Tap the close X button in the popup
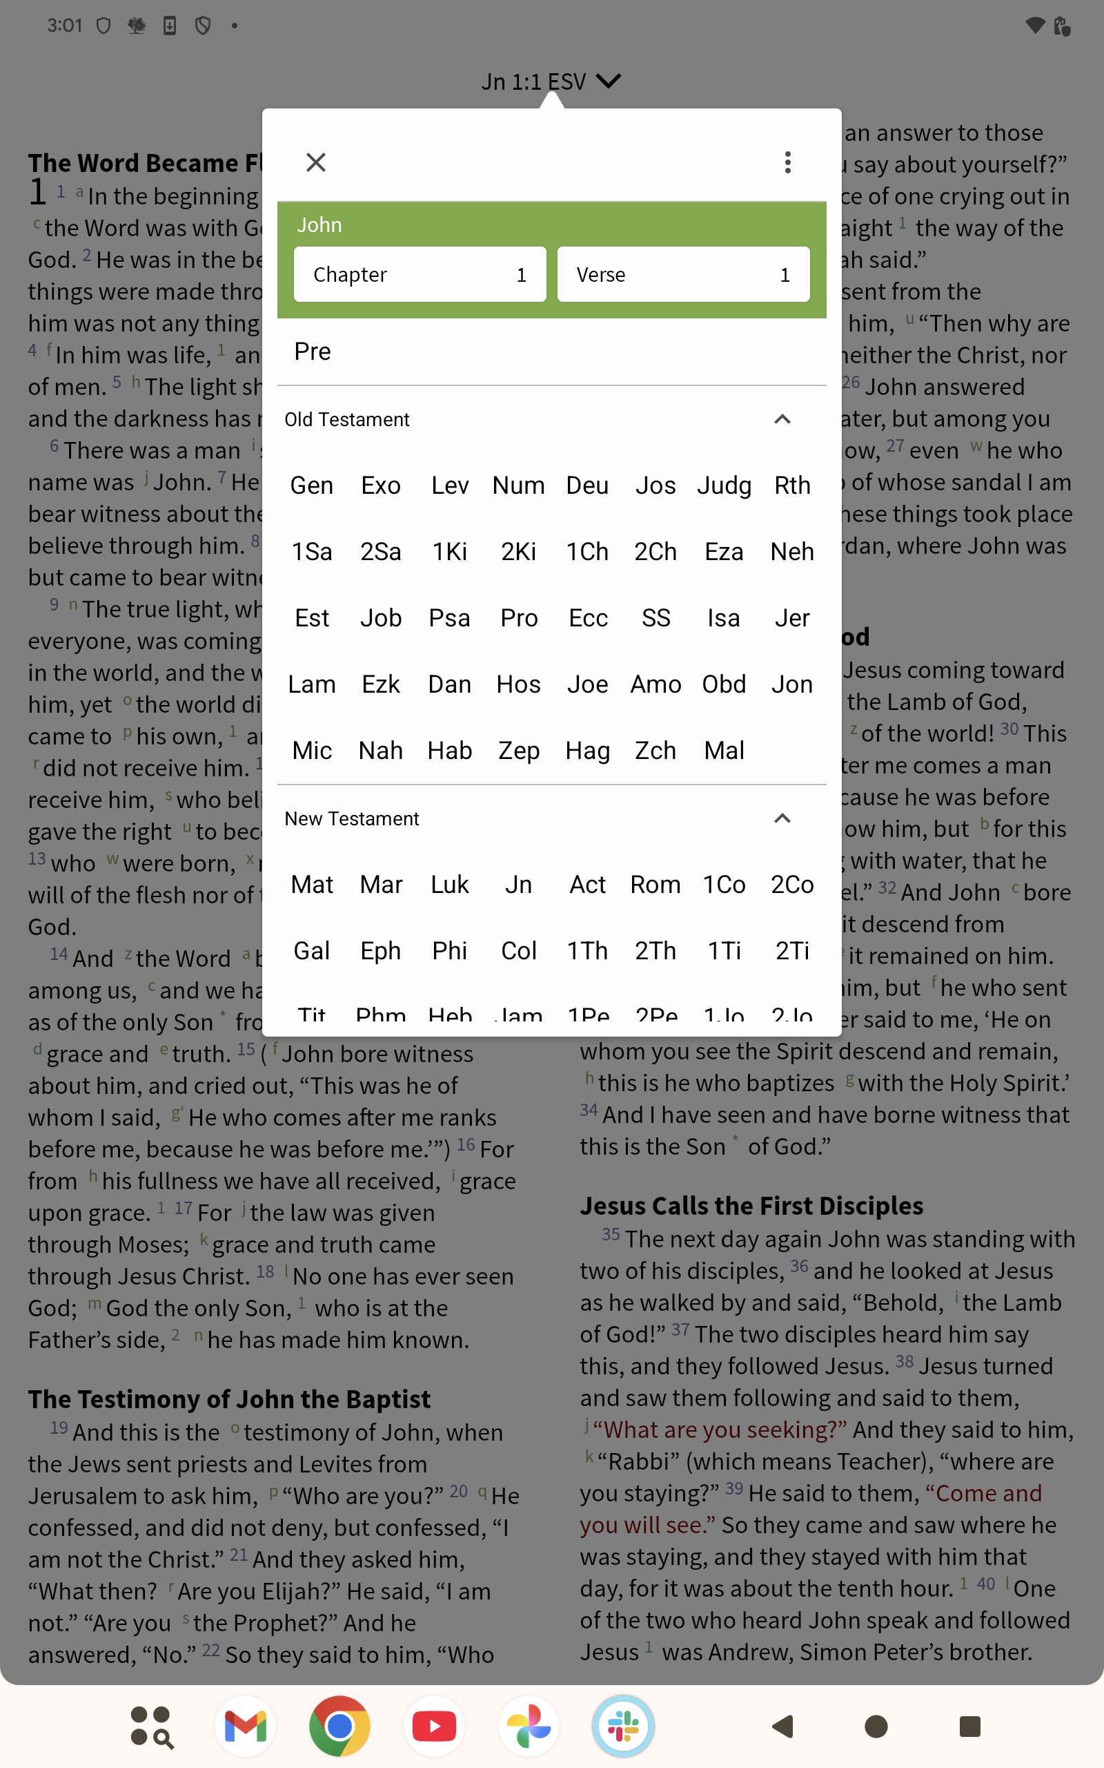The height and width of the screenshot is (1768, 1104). (x=315, y=162)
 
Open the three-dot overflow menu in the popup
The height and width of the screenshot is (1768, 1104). (x=787, y=162)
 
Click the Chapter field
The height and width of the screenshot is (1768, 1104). (x=420, y=275)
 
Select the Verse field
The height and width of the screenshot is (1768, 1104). (x=682, y=275)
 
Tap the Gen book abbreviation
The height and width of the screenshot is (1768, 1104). (x=312, y=486)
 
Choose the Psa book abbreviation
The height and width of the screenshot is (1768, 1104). (x=449, y=619)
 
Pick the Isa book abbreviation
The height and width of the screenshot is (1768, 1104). (x=724, y=619)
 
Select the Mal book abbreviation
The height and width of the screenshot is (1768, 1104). (x=724, y=751)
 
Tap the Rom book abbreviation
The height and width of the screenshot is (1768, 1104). (x=655, y=885)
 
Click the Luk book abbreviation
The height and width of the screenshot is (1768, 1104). (x=449, y=885)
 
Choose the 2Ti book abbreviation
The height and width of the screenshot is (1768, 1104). (x=792, y=951)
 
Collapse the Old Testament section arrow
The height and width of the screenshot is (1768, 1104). (x=782, y=419)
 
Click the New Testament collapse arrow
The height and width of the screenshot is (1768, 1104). (x=782, y=818)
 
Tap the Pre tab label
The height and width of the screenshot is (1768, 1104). (x=313, y=352)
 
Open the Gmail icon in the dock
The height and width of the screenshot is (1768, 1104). (x=246, y=1727)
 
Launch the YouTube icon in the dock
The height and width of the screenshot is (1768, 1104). (x=435, y=1727)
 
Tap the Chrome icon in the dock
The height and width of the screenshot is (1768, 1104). (x=339, y=1727)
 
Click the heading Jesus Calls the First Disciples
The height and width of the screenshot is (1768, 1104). (x=751, y=1205)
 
